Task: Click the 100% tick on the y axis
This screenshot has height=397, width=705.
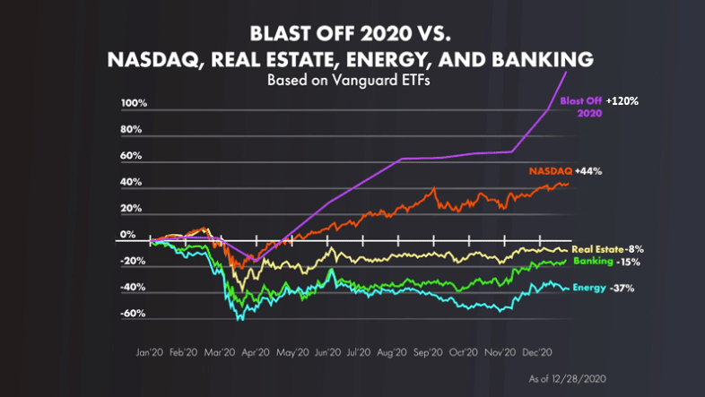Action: click(134, 104)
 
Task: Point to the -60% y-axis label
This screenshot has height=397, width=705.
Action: click(133, 315)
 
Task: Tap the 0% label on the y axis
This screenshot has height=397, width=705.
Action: click(127, 235)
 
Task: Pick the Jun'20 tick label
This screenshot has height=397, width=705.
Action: click(328, 354)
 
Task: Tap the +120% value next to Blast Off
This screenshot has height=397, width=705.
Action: click(622, 101)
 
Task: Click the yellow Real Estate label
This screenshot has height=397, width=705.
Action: click(597, 248)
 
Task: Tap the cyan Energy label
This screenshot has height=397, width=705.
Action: click(589, 289)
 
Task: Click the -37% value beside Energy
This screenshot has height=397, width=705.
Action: click(622, 289)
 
